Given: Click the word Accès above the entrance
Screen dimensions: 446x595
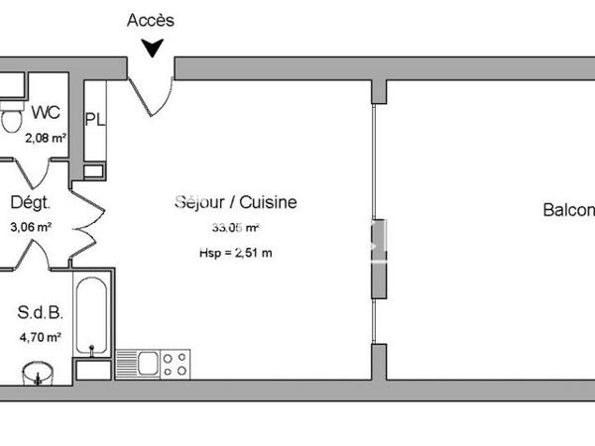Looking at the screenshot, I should [x=151, y=20].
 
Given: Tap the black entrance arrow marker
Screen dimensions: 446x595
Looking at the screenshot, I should [x=152, y=47].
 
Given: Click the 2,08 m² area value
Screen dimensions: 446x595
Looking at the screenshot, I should [x=45, y=139].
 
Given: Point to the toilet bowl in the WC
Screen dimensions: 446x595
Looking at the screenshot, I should [x=11, y=120].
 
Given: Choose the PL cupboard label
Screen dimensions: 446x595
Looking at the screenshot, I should [x=96, y=121].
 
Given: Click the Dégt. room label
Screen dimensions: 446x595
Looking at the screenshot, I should [x=30, y=204].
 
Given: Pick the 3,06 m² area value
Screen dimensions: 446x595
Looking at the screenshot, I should [x=30, y=226].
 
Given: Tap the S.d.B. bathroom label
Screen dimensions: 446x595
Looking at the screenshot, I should [x=41, y=313].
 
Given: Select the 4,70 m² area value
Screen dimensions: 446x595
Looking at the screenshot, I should [x=41, y=337].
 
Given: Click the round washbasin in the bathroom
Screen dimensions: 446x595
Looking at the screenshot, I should [x=38, y=375].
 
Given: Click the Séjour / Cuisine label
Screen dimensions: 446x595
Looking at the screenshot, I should [x=235, y=202].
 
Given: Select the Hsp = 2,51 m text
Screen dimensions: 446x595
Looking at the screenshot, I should [x=235, y=253].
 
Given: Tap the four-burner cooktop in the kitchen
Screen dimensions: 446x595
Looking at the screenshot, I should [x=176, y=364].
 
